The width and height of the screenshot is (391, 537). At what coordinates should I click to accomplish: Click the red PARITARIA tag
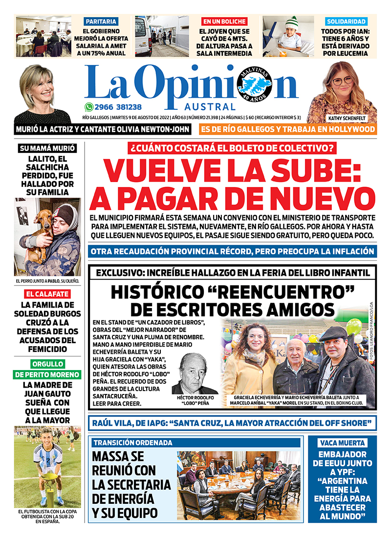coord(101,21)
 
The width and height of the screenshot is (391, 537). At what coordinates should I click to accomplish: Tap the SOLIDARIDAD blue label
coord(346,21)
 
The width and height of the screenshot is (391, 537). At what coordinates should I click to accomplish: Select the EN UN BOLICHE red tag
coord(225,21)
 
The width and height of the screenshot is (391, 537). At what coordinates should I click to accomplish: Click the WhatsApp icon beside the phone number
coord(88,107)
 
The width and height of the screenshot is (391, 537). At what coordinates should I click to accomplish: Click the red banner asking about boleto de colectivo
coord(232,147)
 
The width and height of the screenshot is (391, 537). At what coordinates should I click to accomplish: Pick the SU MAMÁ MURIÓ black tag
coord(47,148)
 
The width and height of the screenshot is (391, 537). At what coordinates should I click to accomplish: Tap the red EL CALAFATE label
coord(47,294)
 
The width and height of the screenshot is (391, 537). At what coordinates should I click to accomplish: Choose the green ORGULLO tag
coord(47,364)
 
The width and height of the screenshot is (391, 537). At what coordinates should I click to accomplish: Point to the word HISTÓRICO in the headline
coord(161,292)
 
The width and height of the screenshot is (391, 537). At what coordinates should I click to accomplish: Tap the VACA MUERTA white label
coord(342,443)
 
